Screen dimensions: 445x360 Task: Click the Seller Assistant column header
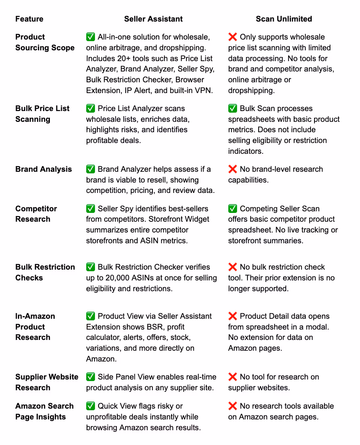153,19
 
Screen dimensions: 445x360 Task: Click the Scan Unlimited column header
284,19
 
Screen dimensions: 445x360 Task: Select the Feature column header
29,19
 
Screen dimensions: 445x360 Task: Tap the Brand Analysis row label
44,169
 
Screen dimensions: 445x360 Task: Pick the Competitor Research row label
36,214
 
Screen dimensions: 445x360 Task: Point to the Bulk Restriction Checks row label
45,272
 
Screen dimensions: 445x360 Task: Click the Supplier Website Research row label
47,382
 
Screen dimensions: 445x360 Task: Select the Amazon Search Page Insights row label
44,411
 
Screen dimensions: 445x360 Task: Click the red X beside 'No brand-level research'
233,169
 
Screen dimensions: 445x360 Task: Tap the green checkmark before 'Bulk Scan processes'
233,108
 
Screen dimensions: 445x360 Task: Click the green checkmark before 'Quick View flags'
91,406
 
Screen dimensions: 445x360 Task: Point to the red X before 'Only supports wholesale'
233,37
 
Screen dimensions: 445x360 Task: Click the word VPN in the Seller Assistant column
204,90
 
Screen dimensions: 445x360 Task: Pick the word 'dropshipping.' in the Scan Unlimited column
251,90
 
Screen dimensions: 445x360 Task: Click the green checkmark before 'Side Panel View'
91,377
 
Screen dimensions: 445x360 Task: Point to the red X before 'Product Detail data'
233,316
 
